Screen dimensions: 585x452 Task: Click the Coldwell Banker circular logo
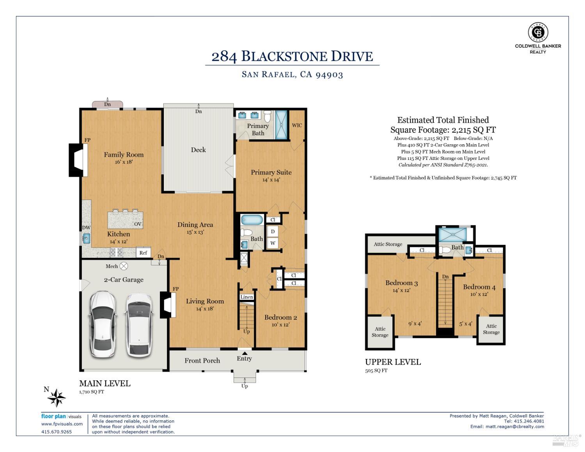538,32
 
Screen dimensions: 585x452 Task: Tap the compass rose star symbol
56,397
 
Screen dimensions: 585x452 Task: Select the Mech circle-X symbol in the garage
124,266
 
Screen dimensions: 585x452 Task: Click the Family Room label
124,154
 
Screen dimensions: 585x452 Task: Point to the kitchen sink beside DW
87,239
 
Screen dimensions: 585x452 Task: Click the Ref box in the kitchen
143,252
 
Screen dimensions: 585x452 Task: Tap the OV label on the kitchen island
138,224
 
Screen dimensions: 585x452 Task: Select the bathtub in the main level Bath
252,220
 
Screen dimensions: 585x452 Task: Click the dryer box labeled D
273,232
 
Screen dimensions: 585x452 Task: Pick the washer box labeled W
273,243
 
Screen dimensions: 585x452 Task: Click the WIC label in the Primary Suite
297,125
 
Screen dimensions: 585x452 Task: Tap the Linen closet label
246,297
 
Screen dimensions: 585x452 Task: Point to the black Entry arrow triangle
245,353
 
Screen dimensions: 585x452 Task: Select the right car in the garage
139,325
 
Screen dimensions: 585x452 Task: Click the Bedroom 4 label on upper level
479,287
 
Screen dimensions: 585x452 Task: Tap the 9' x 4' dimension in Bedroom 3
415,323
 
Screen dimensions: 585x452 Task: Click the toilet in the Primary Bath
267,116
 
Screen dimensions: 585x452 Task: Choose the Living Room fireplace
168,305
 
